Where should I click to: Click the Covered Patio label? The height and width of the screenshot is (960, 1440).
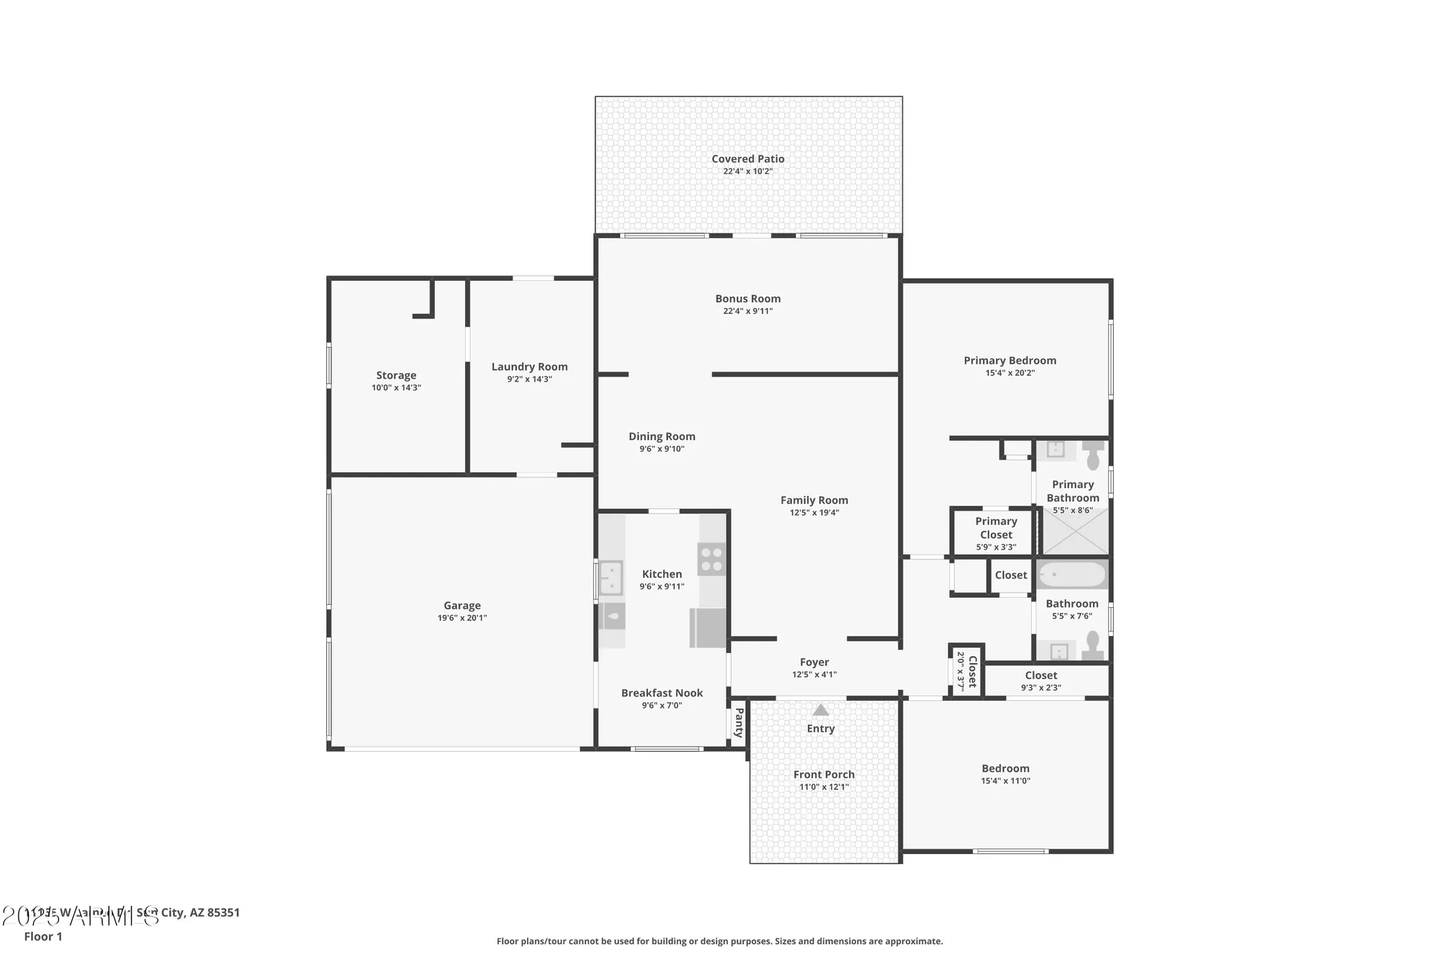[748, 159]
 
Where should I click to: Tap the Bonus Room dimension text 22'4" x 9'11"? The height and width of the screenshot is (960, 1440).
[748, 311]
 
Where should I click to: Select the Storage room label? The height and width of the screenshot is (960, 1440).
[396, 375]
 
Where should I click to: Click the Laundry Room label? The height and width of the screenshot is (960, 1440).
[529, 367]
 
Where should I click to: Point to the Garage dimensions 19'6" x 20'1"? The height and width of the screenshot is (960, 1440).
[462, 618]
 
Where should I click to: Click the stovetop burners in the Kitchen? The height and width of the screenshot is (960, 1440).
[712, 560]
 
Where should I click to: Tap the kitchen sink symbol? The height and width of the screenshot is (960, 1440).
[611, 578]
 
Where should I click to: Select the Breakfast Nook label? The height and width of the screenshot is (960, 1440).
[662, 693]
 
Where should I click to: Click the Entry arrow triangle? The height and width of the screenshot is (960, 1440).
[820, 710]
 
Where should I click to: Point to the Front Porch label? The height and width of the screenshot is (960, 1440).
[824, 774]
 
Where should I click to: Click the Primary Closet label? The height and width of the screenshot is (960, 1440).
[996, 528]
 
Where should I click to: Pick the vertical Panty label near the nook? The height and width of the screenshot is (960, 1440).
[739, 723]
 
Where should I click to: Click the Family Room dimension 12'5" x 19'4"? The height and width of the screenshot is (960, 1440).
[814, 513]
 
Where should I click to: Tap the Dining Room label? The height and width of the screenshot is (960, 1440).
[662, 436]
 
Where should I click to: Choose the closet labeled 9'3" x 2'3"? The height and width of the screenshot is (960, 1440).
[1041, 681]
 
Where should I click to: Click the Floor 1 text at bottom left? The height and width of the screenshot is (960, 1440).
[43, 936]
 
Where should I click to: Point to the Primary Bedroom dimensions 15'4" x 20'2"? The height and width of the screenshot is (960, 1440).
[1010, 373]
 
